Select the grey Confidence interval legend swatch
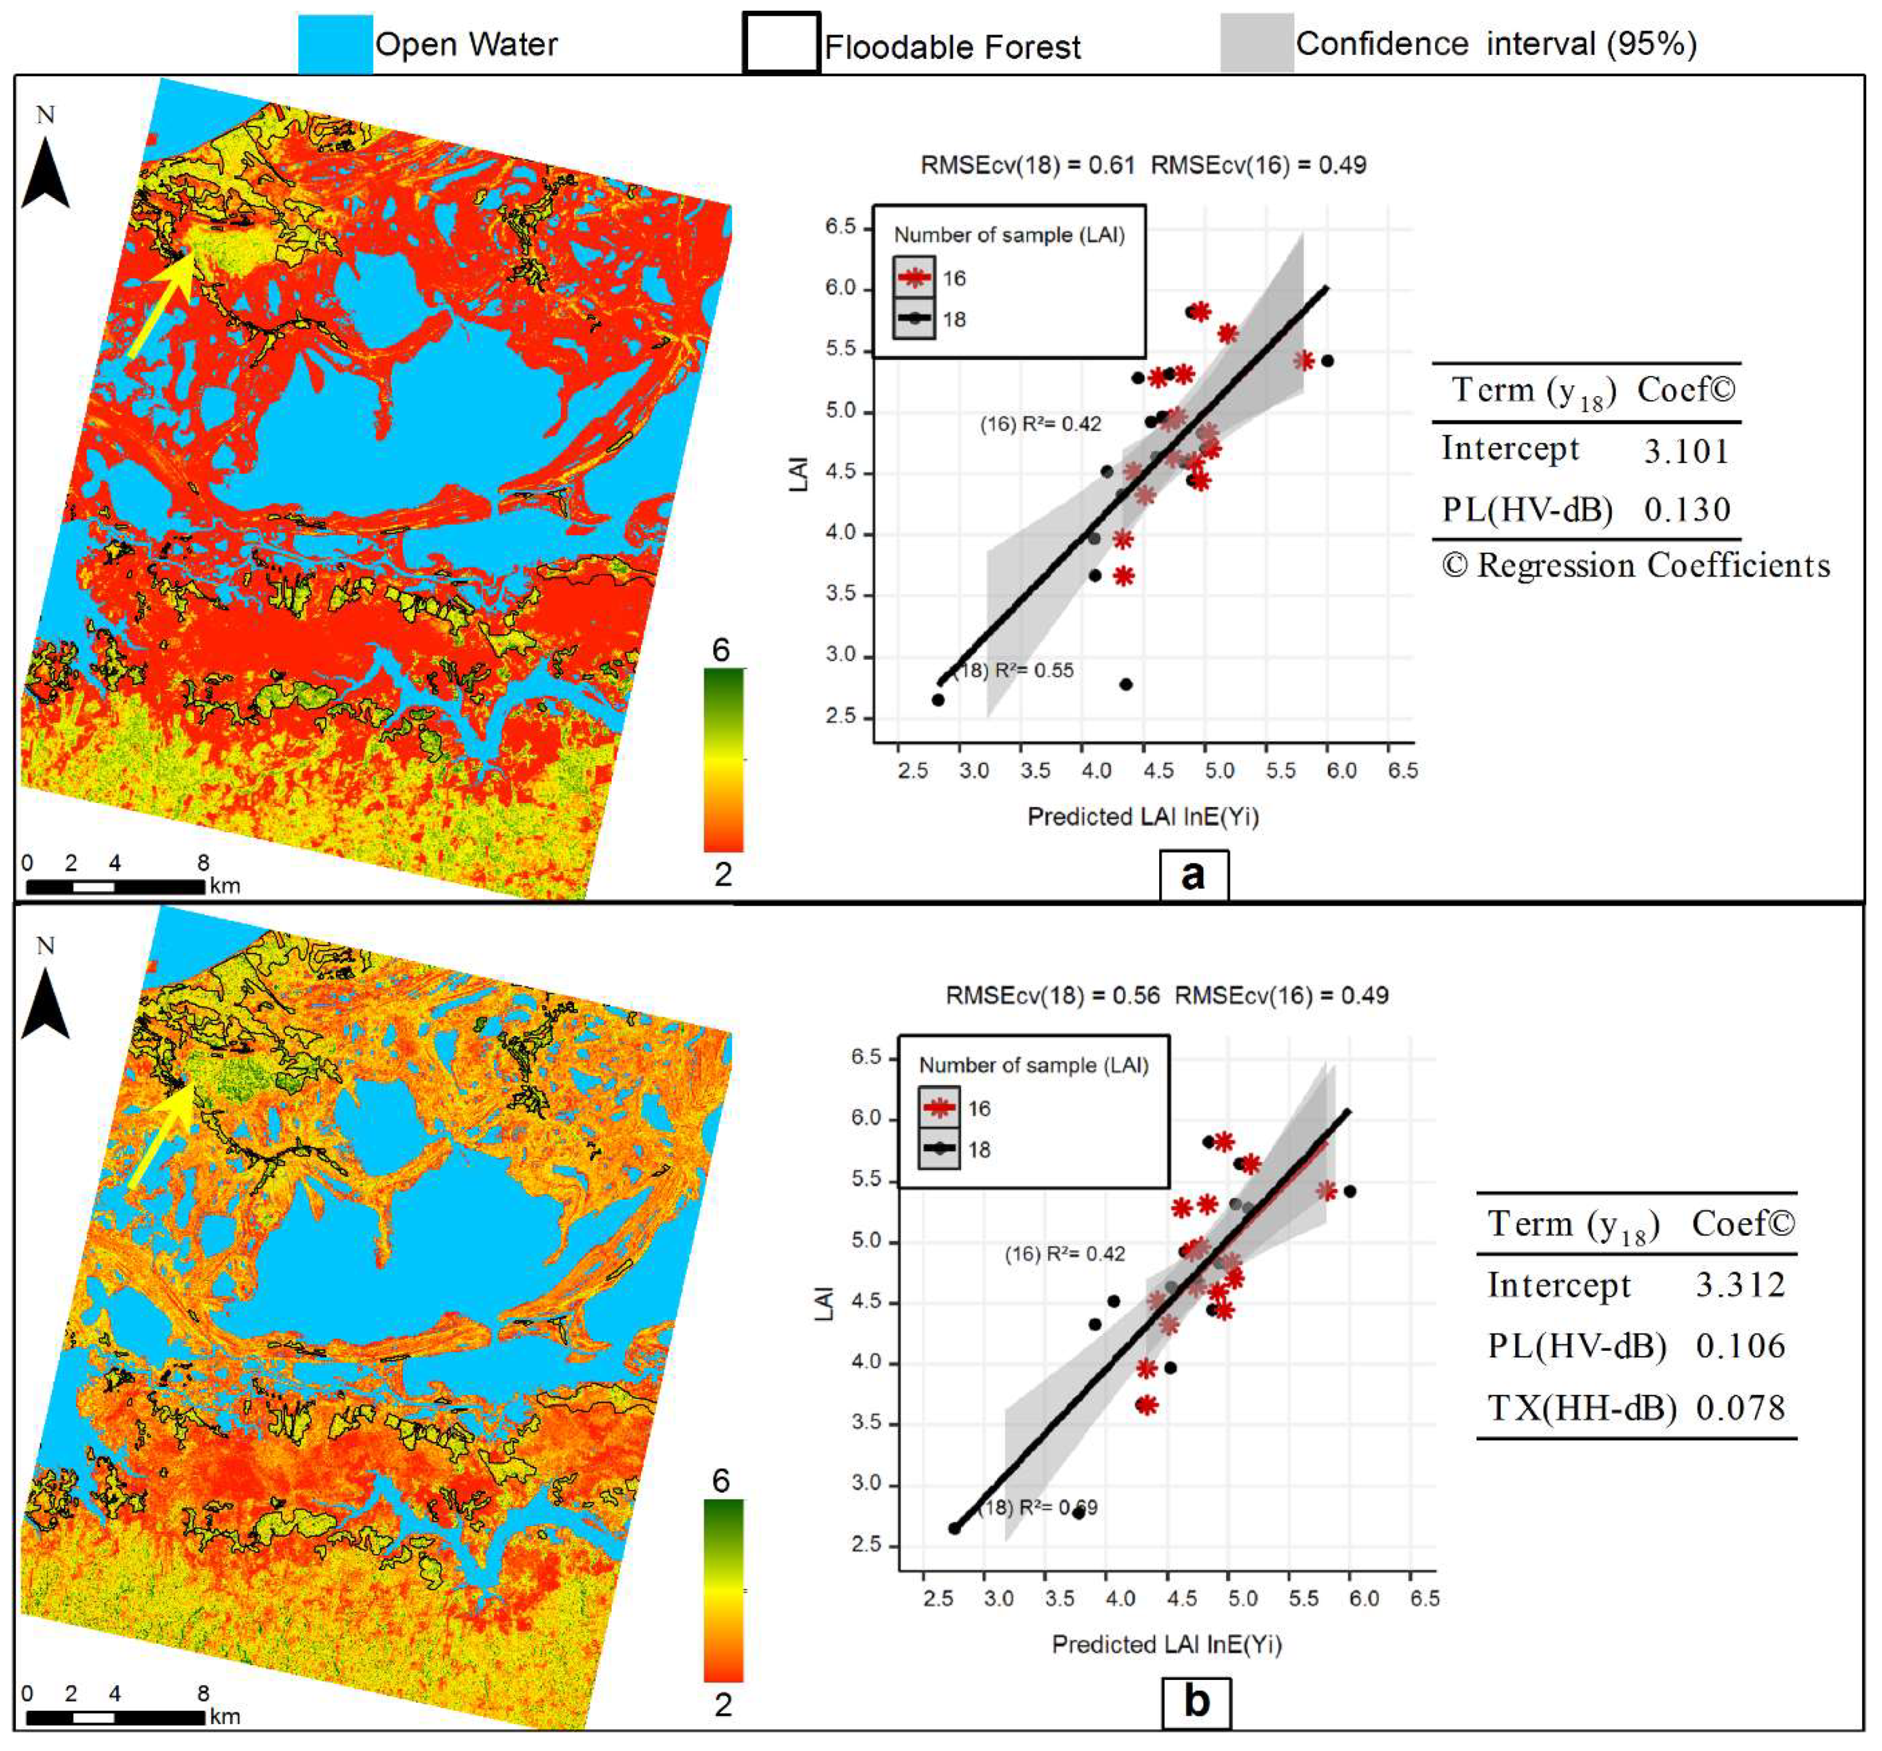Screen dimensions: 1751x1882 click(1256, 42)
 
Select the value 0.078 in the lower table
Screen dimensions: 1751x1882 click(1740, 1407)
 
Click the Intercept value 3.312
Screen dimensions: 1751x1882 click(1740, 1284)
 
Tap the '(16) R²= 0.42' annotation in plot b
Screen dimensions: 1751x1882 click(1064, 1254)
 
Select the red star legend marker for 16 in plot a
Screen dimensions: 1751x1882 click(914, 277)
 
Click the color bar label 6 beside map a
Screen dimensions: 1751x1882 click(721, 650)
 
